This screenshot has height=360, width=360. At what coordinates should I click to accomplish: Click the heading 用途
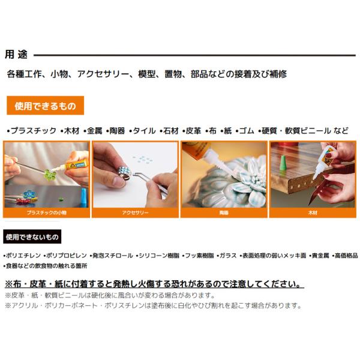coord(16,55)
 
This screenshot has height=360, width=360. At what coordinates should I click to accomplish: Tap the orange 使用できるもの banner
coord(45,106)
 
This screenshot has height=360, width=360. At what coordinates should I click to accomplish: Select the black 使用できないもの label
coord(32,237)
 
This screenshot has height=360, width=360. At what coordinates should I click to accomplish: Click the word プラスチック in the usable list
coord(34,131)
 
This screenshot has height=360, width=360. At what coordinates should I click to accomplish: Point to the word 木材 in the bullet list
coord(71,131)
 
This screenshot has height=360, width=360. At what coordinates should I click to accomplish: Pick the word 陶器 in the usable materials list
coord(117,131)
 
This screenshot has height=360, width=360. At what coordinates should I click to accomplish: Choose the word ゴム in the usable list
coord(247,131)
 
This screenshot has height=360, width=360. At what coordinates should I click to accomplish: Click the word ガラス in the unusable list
coord(228,256)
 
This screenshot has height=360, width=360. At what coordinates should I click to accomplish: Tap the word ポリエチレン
coord(23,256)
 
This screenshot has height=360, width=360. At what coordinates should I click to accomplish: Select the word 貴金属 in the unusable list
coord(320,256)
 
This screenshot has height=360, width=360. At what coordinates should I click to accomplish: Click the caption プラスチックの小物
coord(47,213)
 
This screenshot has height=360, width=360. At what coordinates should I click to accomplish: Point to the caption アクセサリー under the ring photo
coord(135,213)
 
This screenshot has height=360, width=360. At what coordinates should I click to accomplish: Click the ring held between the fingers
coord(124,173)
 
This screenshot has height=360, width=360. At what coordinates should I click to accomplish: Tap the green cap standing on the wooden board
coord(283,163)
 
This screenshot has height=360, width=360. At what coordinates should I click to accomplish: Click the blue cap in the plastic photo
coord(85,197)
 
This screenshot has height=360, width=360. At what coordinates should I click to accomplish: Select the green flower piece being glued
coord(49,175)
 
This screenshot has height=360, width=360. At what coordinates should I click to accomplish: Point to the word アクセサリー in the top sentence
coord(103,74)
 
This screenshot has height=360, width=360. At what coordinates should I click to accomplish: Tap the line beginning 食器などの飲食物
coord(46,266)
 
